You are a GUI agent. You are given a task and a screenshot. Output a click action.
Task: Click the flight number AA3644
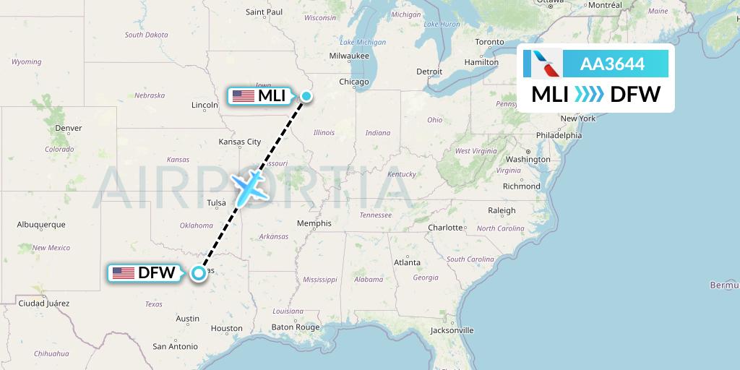pyautogui.click(x=613, y=64)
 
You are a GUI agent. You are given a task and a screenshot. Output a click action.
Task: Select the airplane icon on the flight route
pyautogui.click(x=249, y=187)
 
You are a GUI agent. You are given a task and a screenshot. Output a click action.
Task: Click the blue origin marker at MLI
pyautogui.click(x=307, y=95)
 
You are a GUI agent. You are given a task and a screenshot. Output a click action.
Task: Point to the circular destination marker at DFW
pyautogui.click(x=199, y=273)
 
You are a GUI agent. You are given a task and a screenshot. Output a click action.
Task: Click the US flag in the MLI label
pyautogui.click(x=244, y=95)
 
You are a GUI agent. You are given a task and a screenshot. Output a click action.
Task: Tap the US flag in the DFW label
pyautogui.click(x=124, y=273)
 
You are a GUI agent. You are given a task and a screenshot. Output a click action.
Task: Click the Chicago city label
pyautogui.click(x=354, y=82)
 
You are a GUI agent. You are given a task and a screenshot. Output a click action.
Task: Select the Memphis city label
pyautogui.click(x=314, y=224)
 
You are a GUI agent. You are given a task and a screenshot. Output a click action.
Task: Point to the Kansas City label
pyautogui.click(x=239, y=142)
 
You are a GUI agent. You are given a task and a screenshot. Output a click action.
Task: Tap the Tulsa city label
pyautogui.click(x=217, y=203)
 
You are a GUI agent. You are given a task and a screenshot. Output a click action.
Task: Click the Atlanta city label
pyautogui.click(x=408, y=262)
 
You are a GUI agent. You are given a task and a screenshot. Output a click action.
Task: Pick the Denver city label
pyautogui.click(x=69, y=128)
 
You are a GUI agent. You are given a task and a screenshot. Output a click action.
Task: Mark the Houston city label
pyautogui.click(x=227, y=328)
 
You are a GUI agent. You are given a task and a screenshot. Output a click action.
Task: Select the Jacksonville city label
pyautogui.click(x=451, y=330)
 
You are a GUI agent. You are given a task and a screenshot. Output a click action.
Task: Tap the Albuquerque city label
pyautogui.click(x=41, y=225)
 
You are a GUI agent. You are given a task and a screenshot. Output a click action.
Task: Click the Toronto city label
pyautogui.click(x=489, y=42)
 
